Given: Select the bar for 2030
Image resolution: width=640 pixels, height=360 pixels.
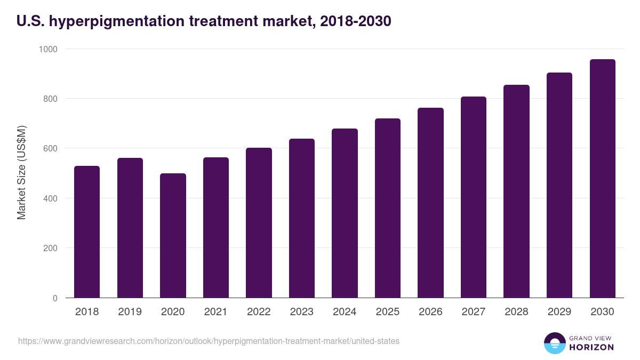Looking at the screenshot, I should [x=602, y=178].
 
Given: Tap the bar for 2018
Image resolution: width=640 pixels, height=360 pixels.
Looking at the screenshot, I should [x=87, y=231].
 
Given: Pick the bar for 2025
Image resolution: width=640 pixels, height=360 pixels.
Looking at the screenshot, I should [x=388, y=208].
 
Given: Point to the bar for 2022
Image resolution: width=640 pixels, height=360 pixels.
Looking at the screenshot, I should [x=259, y=222].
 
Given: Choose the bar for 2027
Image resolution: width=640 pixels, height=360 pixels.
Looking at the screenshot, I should [x=474, y=197].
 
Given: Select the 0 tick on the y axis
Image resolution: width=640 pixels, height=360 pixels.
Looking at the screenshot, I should [x=55, y=298].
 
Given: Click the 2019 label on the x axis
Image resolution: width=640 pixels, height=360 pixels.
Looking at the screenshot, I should [x=130, y=312].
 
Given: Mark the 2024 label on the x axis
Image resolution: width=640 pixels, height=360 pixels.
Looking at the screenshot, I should [x=345, y=312].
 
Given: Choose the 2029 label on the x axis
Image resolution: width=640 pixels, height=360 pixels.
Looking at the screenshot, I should [x=559, y=312].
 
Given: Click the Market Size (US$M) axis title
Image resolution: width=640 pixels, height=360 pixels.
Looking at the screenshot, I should [x=21, y=173].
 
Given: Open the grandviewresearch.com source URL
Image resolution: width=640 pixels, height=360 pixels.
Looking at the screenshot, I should [x=209, y=341].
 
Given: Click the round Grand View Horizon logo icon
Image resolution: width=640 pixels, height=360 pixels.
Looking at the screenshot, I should [x=555, y=343].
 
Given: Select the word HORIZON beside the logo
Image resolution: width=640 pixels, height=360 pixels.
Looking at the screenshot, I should [x=592, y=347].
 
